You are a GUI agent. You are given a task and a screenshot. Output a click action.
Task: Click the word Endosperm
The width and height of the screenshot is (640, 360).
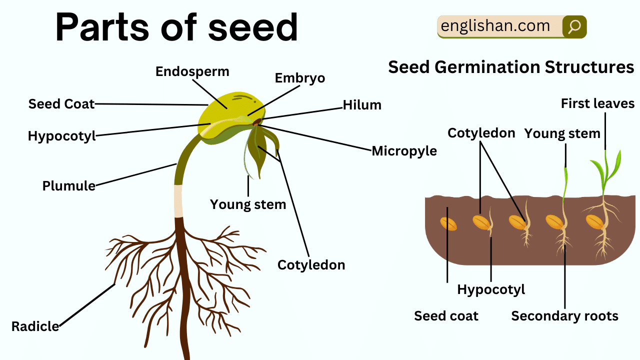click(x=192, y=72)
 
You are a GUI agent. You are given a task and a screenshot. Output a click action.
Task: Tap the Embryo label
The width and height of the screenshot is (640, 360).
click(x=299, y=78)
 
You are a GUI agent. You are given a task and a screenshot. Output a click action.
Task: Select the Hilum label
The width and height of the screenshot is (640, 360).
click(x=362, y=105)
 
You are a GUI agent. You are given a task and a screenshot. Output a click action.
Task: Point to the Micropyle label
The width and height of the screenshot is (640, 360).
click(x=404, y=151)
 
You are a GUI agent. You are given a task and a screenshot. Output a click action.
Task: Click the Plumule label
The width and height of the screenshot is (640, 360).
click(x=69, y=186)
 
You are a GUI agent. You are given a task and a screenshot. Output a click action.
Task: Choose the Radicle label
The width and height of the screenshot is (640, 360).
click(x=35, y=326)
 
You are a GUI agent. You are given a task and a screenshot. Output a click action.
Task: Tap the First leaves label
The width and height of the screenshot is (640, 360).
click(x=597, y=103)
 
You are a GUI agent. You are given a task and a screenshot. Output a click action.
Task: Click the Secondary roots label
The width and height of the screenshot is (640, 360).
click(x=564, y=316)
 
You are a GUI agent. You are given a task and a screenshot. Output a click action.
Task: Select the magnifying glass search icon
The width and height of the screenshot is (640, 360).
click(x=574, y=27)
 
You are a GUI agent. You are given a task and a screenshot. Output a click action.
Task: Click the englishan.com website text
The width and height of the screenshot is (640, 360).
click(x=495, y=26)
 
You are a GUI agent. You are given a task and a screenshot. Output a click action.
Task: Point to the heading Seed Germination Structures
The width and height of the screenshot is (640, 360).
click(x=511, y=67)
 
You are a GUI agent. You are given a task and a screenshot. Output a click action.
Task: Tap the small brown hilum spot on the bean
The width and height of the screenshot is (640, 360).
click(x=256, y=122)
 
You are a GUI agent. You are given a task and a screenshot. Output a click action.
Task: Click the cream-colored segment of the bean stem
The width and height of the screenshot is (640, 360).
click(x=178, y=201)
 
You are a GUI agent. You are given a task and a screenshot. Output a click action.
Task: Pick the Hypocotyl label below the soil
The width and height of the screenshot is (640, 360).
click(x=491, y=289)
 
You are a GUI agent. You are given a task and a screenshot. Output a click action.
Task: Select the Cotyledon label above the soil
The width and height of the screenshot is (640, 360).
click(x=481, y=133)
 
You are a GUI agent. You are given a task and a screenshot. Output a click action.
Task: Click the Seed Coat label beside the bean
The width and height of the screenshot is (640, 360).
click(x=61, y=103)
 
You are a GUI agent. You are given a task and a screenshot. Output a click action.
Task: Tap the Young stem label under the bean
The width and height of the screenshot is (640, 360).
click(x=248, y=204)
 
